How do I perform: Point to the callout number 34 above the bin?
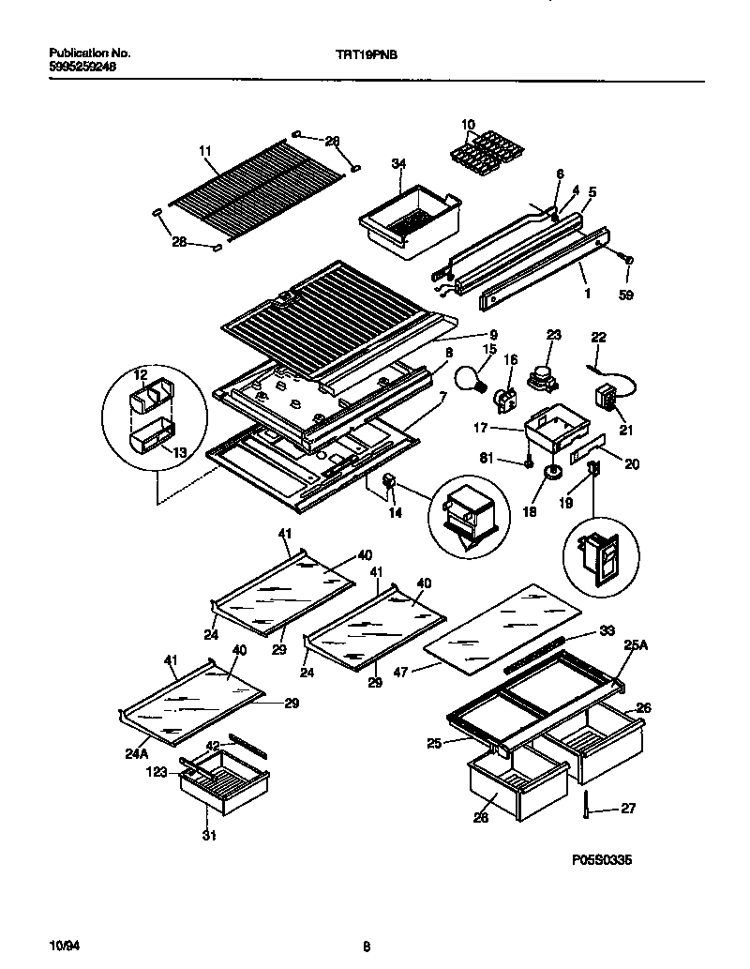coord(398,163)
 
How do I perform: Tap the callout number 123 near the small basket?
coord(158,774)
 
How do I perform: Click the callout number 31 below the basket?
coord(208,835)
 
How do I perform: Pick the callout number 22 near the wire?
coord(598,337)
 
